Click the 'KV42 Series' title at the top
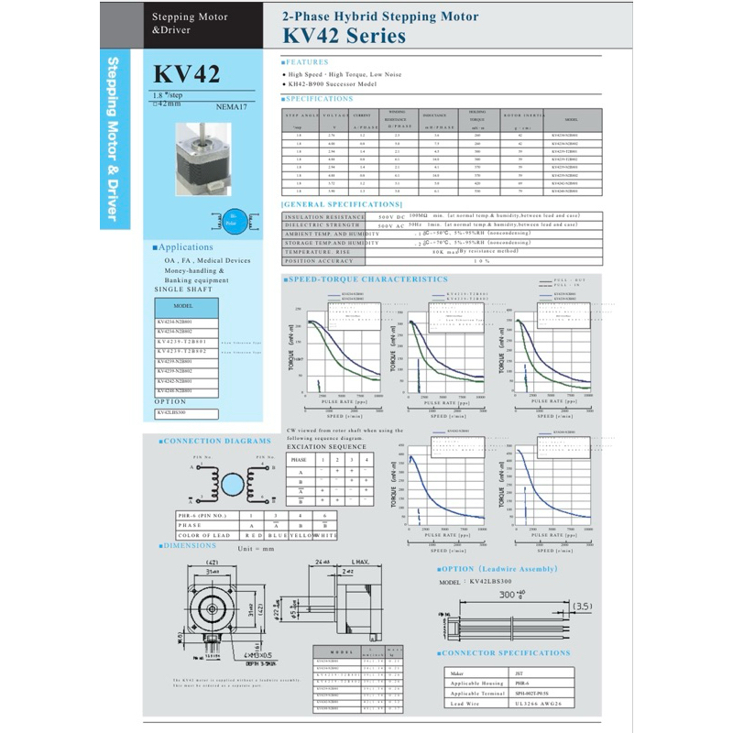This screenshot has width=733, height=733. pos(345,36)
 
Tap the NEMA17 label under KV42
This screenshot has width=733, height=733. pos(232,107)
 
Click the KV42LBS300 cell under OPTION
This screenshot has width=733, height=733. pos(174,412)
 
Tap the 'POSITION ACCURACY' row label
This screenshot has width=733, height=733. pos(320,260)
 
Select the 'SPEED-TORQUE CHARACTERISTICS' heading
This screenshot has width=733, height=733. pos(367,279)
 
